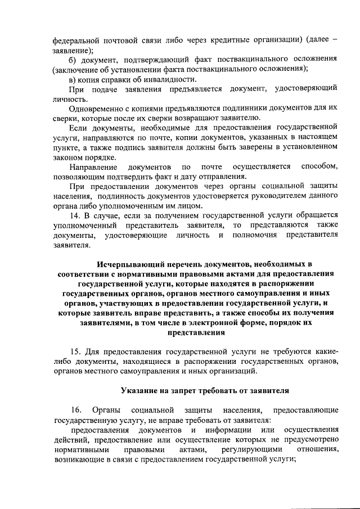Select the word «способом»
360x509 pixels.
click(x=319, y=167)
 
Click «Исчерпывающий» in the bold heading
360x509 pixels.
click(x=130, y=264)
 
